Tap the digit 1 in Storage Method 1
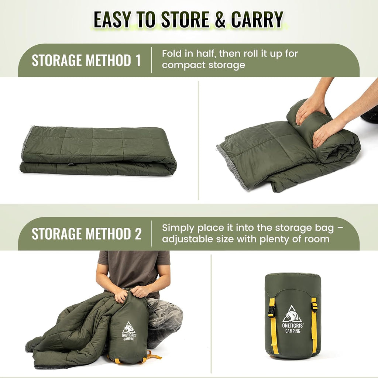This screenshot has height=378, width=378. coord(138,60)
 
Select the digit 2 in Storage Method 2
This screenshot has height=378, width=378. coord(138,234)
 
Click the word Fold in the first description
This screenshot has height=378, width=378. coord(172,54)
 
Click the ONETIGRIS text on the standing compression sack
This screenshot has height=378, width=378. coord(292,326)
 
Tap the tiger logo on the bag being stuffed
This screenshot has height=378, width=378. coord(128,328)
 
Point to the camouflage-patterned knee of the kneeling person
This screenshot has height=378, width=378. coord(166,311)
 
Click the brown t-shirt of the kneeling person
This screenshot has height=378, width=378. coord(134,269)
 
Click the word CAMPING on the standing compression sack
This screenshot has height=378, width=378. coord(292,331)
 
